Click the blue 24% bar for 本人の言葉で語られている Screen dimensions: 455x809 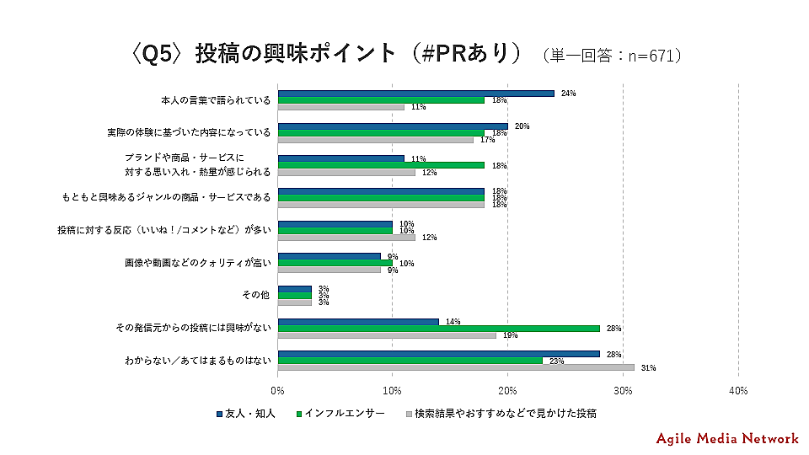[x=415, y=93]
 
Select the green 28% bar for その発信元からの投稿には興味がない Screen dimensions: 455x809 [x=438, y=329]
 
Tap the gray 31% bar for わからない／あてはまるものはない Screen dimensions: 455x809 [x=456, y=367]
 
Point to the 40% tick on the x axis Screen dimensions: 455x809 [x=738, y=391]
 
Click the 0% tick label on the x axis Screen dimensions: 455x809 [x=278, y=391]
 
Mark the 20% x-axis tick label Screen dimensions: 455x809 [x=508, y=391]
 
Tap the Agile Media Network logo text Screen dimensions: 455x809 [x=727, y=438]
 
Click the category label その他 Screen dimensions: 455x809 [x=256, y=295]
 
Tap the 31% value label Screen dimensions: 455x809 [x=648, y=368]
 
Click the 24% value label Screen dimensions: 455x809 [x=568, y=93]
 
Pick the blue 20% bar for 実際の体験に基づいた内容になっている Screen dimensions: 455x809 [x=393, y=126]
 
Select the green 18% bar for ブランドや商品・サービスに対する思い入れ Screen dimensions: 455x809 [x=381, y=165]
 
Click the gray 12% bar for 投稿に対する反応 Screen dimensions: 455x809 [x=346, y=237]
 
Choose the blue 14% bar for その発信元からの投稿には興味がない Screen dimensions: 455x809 [x=358, y=321]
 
